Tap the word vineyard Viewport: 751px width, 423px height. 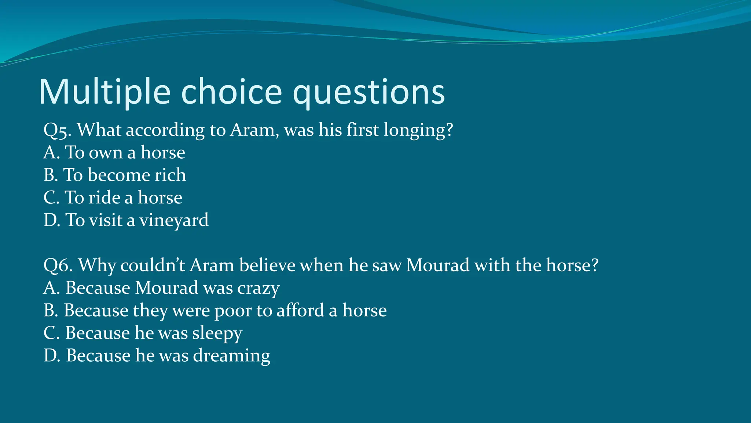pos(174,220)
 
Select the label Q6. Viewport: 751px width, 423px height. pos(58,265)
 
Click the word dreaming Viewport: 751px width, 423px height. pos(232,356)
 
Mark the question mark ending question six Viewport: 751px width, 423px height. pos(594,265)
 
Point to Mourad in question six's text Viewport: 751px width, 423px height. pos(438,265)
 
